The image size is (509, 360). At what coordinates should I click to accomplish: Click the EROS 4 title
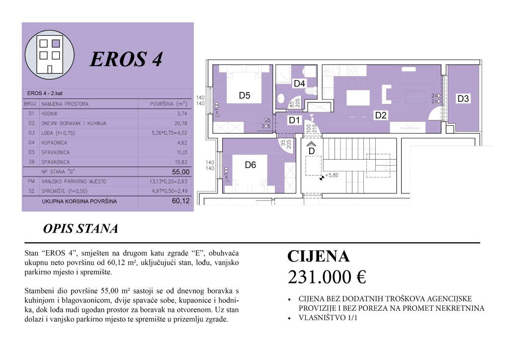click(126, 60)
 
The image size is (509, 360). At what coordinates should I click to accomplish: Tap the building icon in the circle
click(50, 54)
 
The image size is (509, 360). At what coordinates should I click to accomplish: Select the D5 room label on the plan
click(245, 95)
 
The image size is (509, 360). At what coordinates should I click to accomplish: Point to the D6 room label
click(251, 165)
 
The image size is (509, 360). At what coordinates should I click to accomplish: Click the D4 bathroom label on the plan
click(299, 84)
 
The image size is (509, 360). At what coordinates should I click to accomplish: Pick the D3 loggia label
click(463, 99)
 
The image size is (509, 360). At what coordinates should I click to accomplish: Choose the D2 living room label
click(381, 115)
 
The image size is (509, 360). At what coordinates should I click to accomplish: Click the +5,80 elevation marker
click(332, 175)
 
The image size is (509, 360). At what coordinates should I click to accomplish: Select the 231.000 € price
click(327, 277)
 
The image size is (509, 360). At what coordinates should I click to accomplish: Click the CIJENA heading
click(319, 257)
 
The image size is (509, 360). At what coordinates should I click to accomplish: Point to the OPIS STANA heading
click(81, 229)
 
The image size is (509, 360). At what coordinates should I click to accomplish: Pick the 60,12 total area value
click(181, 201)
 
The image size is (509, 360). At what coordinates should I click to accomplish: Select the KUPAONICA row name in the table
click(56, 143)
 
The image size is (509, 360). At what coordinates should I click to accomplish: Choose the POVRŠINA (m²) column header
click(169, 104)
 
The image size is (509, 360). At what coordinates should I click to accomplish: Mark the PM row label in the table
click(31, 181)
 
